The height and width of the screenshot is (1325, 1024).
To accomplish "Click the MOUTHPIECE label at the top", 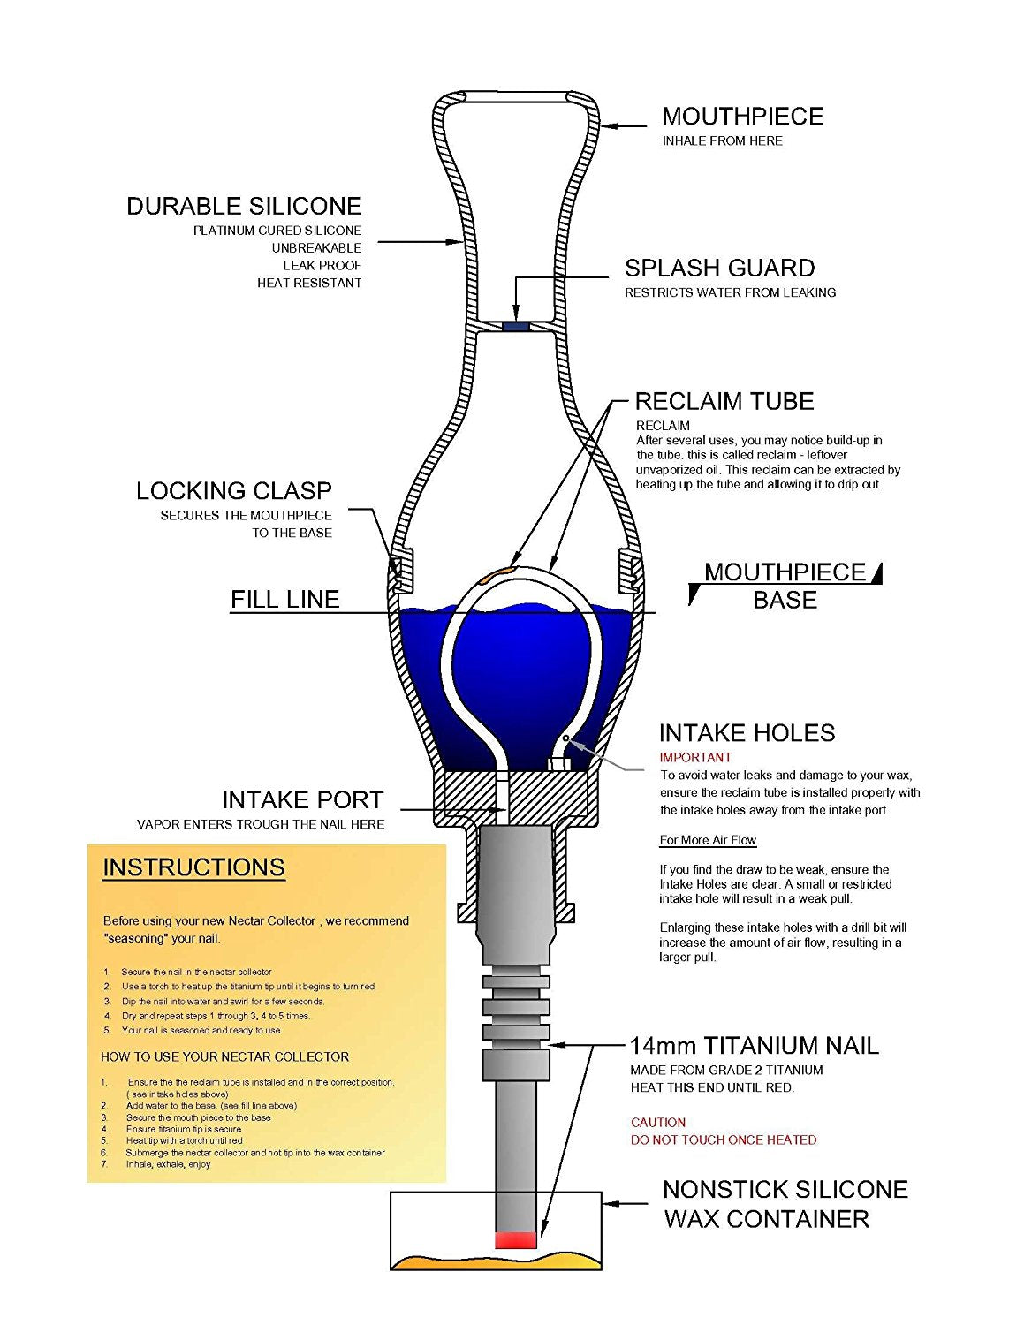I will [x=742, y=117].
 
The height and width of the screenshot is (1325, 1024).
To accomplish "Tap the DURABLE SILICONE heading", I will [x=244, y=207].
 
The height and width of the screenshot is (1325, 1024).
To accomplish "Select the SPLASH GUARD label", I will [x=719, y=269].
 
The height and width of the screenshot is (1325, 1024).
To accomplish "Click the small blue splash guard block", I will [x=516, y=326].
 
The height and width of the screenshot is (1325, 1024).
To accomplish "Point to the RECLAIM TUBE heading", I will [x=724, y=402].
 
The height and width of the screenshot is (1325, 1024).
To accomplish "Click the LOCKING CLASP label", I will [x=233, y=491].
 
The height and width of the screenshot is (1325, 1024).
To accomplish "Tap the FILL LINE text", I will [x=284, y=600].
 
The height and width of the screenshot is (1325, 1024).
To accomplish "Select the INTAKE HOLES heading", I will [x=747, y=733].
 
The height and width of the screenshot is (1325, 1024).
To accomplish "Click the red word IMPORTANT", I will [x=695, y=757].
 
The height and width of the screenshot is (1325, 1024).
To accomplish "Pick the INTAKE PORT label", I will [x=302, y=800].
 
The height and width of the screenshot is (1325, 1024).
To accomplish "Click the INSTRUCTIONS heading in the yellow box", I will [x=193, y=867].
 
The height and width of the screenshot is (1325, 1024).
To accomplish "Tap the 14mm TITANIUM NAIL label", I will [x=754, y=1047].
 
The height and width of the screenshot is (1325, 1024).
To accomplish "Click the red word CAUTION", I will [x=658, y=1123].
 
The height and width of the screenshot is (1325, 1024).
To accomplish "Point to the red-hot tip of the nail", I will [x=516, y=1240].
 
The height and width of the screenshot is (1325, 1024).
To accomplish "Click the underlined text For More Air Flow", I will [x=708, y=840].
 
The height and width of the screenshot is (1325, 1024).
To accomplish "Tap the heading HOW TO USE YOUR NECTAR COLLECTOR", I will [x=224, y=1056].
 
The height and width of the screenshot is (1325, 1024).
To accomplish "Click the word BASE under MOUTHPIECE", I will [x=785, y=601].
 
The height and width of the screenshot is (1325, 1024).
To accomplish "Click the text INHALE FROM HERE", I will [x=722, y=141].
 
